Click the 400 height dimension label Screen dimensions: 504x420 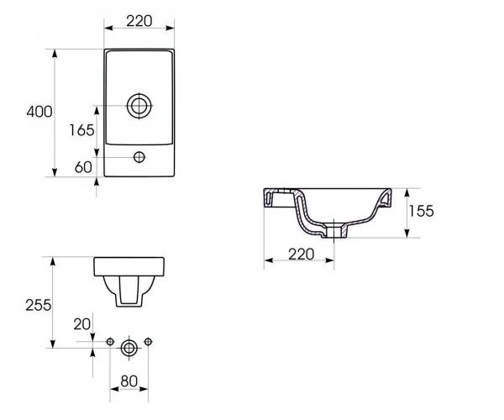point(39,112)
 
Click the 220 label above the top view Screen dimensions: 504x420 point(139,21)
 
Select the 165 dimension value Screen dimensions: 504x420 point(82,130)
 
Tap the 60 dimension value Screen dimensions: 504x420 point(83,167)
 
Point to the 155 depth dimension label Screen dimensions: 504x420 point(421,211)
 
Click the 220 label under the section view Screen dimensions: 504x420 point(302,255)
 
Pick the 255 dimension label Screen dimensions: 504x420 point(39,305)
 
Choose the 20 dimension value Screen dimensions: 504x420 point(82,324)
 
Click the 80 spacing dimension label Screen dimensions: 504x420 point(129,381)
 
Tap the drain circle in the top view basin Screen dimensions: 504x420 point(139,106)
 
